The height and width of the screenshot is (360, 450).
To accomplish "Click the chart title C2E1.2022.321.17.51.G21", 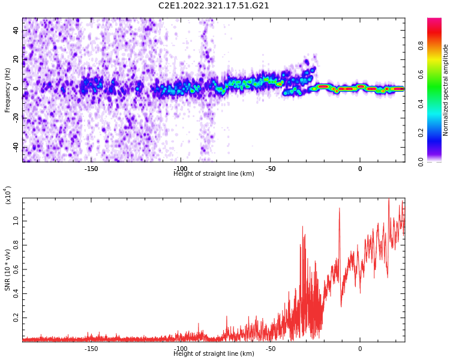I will [x=214, y=6].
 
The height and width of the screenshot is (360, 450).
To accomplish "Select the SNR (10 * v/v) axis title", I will [x=8, y=270].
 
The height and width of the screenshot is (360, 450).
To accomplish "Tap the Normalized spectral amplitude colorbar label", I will [x=446, y=90].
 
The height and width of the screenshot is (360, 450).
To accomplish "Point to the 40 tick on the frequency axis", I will [x=16, y=30].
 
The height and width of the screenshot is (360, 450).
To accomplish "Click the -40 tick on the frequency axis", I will [x=15, y=147].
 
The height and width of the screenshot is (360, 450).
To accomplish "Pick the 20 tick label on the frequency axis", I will [x=16, y=59].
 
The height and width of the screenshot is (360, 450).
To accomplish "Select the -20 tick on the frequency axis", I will [x=15, y=118].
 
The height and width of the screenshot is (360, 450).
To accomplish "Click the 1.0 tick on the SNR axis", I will [x=16, y=221].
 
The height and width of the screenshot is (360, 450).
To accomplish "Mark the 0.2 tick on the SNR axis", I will [x=16, y=318].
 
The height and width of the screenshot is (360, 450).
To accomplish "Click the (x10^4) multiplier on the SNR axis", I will [x=8, y=194].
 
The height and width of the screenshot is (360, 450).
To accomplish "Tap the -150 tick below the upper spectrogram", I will [x=91, y=169].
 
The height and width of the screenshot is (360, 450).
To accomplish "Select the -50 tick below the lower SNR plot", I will [x=270, y=349].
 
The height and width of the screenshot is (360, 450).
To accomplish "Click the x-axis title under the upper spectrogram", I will [x=214, y=174].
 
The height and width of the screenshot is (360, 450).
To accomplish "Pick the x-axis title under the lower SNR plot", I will [x=214, y=354].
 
